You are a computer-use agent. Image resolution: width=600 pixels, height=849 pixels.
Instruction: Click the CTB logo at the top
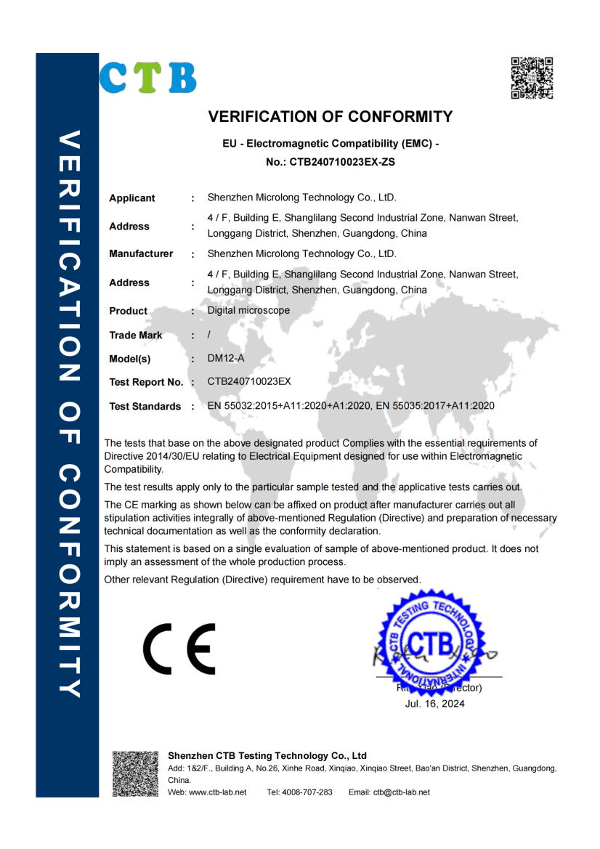point(148,78)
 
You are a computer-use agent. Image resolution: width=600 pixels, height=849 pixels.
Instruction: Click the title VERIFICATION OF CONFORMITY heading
point(331,117)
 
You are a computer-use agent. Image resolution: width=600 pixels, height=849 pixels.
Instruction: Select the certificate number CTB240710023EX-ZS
point(342,163)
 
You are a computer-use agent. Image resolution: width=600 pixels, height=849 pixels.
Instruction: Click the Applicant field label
point(132,198)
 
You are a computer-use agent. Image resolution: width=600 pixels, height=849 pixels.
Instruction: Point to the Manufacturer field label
point(141,254)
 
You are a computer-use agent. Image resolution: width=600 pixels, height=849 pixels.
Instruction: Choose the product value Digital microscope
point(248,310)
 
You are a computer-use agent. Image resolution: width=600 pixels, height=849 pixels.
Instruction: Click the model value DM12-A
point(224,358)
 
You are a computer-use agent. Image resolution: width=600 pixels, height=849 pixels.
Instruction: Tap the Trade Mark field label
point(136,336)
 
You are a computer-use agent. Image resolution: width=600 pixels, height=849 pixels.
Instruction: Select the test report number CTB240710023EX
point(249,381)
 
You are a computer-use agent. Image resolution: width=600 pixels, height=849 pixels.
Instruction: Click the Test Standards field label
point(145,407)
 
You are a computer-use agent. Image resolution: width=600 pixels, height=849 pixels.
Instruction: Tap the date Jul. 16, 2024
point(434,704)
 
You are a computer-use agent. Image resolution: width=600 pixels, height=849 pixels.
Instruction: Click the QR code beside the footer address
point(134,774)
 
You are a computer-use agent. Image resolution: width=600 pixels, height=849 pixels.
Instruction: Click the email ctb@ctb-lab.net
point(402,792)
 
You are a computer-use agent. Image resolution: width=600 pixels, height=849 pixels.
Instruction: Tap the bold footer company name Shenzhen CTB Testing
point(267,756)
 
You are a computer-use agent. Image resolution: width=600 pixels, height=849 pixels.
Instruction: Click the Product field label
point(129,311)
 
